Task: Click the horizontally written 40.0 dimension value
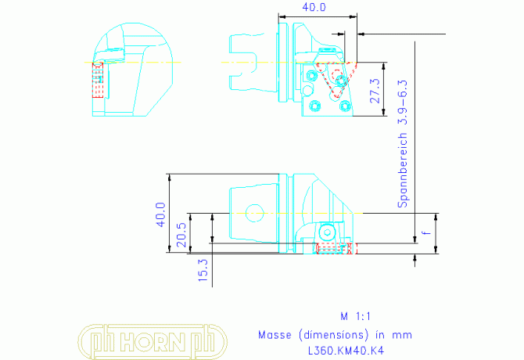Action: pos(314,7)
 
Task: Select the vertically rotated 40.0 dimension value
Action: pos(161,215)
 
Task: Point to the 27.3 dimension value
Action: pos(375,91)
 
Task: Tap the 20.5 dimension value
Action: pos(181,235)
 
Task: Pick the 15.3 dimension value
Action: pos(203,270)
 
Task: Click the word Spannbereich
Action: pos(403,170)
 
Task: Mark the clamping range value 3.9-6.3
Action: pos(403,103)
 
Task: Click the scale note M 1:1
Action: pos(355,316)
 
